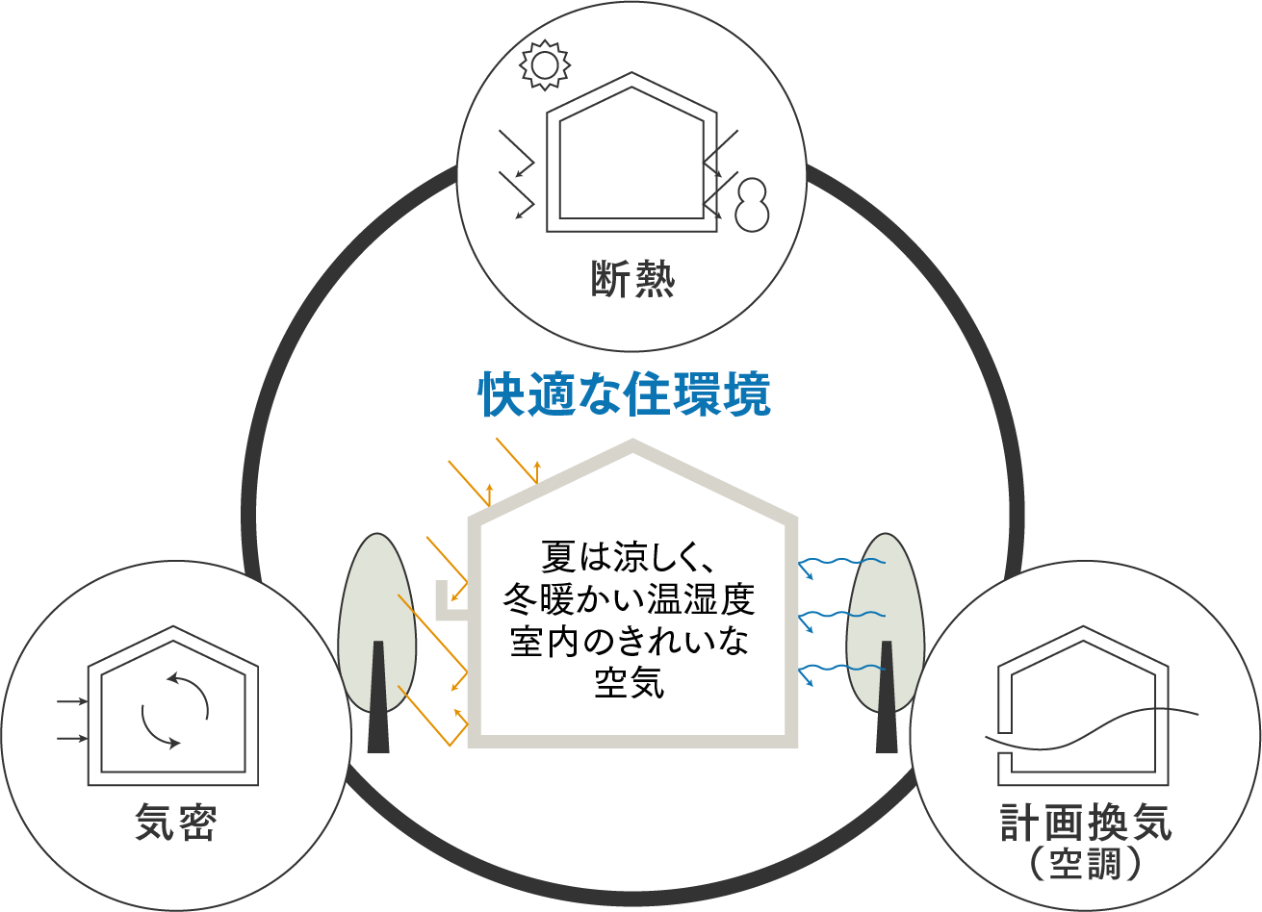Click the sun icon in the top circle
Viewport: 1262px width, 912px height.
(544, 64)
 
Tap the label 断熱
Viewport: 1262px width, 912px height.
(632, 279)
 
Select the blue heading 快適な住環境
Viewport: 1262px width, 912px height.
(625, 394)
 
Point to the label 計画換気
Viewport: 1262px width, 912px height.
(1086, 823)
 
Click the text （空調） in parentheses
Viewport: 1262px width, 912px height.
(1085, 863)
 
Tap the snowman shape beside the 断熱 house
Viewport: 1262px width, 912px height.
(752, 205)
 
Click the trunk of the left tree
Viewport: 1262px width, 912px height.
(378, 697)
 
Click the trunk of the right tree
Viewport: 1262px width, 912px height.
(887, 697)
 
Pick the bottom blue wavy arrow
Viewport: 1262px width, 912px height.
(841, 674)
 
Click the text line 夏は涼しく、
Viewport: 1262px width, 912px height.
(629, 556)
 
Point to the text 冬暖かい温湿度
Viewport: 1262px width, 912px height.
(629, 599)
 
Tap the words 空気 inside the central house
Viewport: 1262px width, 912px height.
(630, 683)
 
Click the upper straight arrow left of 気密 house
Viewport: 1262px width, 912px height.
(72, 701)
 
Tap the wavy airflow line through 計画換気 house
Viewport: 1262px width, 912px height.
(1092, 728)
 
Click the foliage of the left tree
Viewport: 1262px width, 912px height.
(377, 622)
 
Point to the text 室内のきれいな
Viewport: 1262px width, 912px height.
(629, 642)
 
